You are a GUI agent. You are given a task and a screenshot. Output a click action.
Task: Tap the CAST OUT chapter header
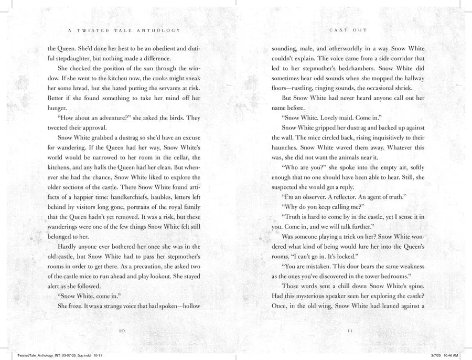click(348, 30)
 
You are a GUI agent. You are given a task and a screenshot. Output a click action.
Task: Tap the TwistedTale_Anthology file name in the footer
click(37, 355)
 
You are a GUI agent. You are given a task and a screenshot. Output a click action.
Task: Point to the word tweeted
click(62, 128)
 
